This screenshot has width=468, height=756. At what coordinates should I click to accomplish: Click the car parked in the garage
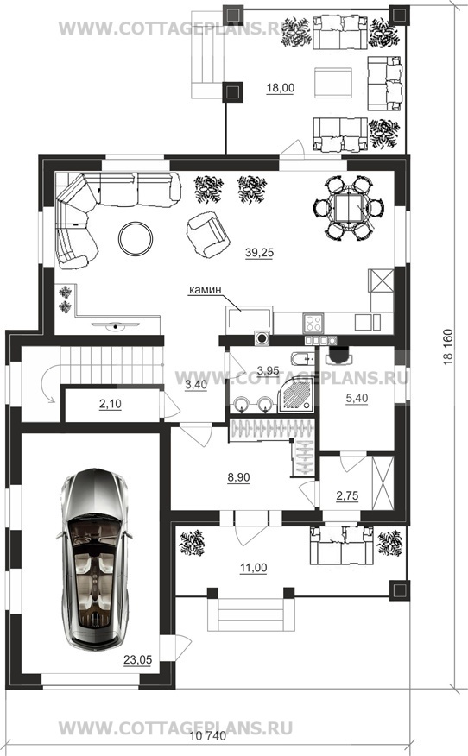pyautogui.click(x=95, y=559)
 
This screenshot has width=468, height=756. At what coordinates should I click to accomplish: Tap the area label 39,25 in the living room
pyautogui.click(x=259, y=253)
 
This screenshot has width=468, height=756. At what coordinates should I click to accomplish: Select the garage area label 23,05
pyautogui.click(x=137, y=659)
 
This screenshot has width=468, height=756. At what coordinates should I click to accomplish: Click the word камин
pyautogui.click(x=205, y=290)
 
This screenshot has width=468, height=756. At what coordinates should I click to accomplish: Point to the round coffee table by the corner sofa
pyautogui.click(x=136, y=239)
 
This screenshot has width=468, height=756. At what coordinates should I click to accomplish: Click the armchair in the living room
pyautogui.click(x=206, y=235)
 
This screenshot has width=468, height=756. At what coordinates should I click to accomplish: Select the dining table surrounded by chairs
pyautogui.click(x=348, y=208)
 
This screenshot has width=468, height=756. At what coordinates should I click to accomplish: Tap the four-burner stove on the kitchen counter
pyautogui.click(x=313, y=323)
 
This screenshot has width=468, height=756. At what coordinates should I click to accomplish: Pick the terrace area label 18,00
pyautogui.click(x=281, y=88)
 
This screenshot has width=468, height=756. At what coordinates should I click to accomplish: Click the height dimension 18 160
pyautogui.click(x=448, y=347)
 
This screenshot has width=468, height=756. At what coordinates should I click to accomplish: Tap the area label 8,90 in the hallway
pyautogui.click(x=239, y=477)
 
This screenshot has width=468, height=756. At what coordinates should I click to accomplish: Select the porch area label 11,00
pyautogui.click(x=254, y=568)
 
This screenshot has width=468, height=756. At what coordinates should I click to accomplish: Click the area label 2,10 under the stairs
pyautogui.click(x=110, y=405)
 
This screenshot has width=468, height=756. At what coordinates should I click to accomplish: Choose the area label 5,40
pyautogui.click(x=357, y=398)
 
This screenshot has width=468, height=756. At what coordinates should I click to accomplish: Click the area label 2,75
pyautogui.click(x=347, y=495)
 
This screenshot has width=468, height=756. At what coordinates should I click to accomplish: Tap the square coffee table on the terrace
pyautogui.click(x=333, y=83)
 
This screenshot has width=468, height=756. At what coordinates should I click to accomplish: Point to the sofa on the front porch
pyautogui.click(x=342, y=545)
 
